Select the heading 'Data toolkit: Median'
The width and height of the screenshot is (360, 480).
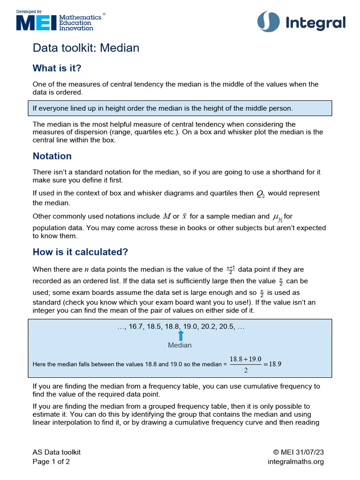click(x=86, y=48)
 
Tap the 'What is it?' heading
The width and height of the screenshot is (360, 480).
click(x=57, y=68)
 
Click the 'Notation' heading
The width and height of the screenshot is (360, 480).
click(x=52, y=156)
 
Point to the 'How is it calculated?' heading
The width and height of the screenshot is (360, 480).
click(x=80, y=252)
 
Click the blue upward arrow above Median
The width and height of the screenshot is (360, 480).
click(x=180, y=336)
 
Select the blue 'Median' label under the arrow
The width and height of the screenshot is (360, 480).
click(x=180, y=345)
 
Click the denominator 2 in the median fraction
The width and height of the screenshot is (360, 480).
click(x=246, y=370)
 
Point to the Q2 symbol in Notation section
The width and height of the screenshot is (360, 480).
click(x=261, y=194)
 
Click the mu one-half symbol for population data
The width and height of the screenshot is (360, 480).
click(x=277, y=217)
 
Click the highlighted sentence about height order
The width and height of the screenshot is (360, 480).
click(x=163, y=108)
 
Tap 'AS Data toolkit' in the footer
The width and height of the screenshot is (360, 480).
click(x=56, y=452)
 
